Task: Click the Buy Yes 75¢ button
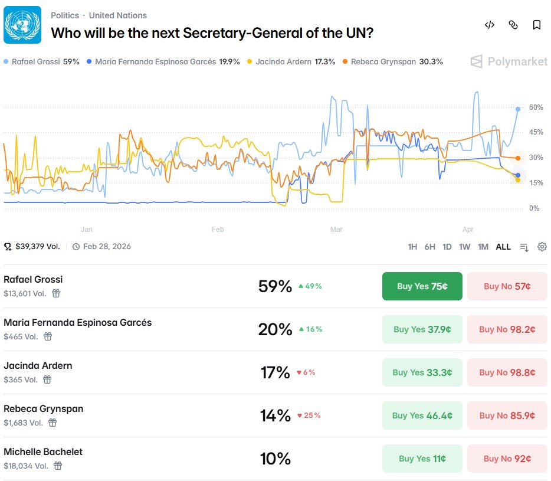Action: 422,286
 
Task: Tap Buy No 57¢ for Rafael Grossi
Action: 507,286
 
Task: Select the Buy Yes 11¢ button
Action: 422,459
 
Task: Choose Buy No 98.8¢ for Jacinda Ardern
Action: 507,372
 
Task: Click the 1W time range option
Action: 465,247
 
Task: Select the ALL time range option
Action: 503,247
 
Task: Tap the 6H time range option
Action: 430,247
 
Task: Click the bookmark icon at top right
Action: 537,25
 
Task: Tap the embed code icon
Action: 490,25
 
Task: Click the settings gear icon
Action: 542,247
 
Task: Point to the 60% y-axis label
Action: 536,107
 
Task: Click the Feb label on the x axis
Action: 218,229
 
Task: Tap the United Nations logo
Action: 22,25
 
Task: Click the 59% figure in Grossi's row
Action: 275,286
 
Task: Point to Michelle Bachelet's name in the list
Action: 43,452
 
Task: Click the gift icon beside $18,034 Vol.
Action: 58,466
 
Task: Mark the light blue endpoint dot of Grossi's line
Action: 518,109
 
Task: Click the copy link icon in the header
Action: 513,25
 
